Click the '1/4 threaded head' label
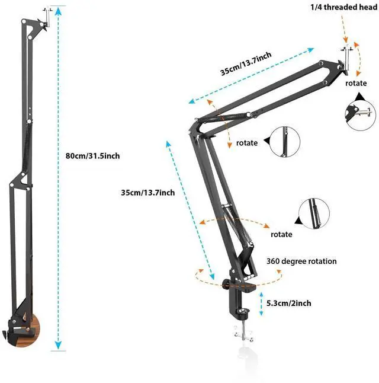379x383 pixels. coord(343,7)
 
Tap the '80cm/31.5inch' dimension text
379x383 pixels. coord(93,156)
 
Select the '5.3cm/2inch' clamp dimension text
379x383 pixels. coord(289,303)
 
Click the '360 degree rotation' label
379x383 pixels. coord(301,261)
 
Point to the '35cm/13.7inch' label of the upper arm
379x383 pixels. coord(246,63)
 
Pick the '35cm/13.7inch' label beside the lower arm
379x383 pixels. coord(148,193)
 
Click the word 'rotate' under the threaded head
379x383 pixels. coord(356,83)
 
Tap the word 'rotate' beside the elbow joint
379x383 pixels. coord(247,143)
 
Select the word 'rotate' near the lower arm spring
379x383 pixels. coord(281,234)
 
